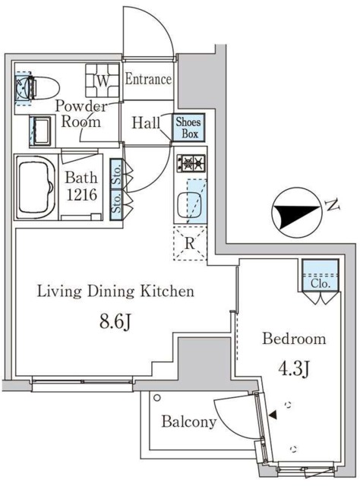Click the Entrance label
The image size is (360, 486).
(x=148, y=79)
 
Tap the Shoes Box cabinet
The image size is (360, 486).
(x=188, y=128)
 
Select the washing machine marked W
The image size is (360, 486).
(x=103, y=80)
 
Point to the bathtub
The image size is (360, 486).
(x=36, y=188)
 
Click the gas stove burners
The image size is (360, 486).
(x=191, y=163)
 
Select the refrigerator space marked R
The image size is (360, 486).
(x=190, y=243)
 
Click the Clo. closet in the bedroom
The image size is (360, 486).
(x=320, y=275)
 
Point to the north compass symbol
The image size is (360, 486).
(x=296, y=213)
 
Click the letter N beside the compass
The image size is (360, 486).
(x=332, y=205)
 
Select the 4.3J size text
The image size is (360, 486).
(x=294, y=368)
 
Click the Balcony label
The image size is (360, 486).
(x=189, y=421)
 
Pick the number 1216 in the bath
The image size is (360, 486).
(x=82, y=194)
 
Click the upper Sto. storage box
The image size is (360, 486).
(x=116, y=174)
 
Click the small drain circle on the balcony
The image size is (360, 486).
(x=157, y=397)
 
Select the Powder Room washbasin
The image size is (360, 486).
(x=40, y=131)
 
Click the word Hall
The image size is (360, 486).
(x=146, y=123)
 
